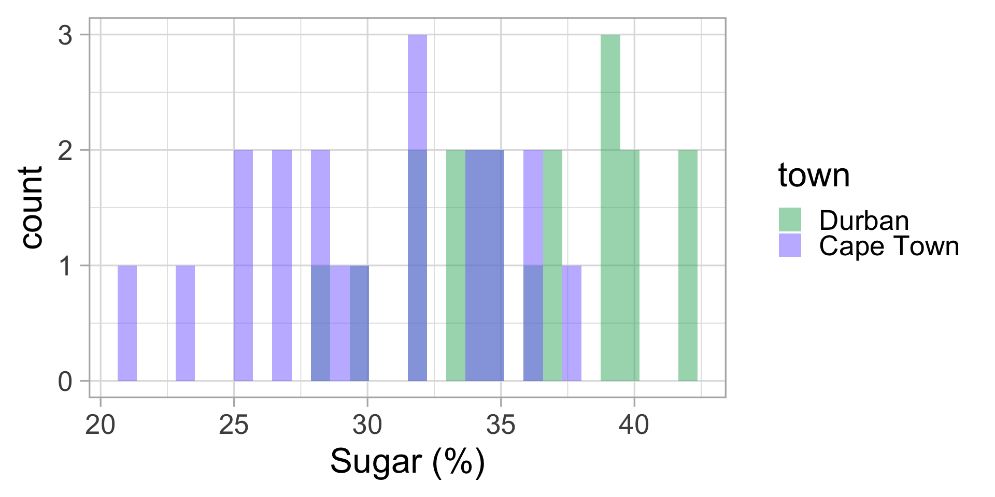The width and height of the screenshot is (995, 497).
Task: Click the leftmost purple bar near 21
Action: (127, 323)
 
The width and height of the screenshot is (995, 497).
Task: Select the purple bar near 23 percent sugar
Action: (185, 323)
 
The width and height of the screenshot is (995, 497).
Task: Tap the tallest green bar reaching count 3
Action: (610, 207)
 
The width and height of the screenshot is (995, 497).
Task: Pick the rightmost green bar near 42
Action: (688, 265)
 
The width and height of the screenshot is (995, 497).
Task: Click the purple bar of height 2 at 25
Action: (243, 265)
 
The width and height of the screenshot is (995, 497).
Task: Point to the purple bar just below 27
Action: (282, 265)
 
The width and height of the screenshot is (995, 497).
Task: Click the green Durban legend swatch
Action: (790, 220)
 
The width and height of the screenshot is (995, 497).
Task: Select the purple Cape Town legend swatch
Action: (790, 245)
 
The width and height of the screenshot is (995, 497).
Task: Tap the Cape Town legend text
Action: (889, 246)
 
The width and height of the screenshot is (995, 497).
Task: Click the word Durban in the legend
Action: (864, 221)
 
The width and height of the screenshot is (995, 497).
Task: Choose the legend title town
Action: (814, 176)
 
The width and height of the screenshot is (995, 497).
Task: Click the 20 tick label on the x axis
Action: (101, 426)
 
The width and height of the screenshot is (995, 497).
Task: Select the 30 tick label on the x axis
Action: (367, 426)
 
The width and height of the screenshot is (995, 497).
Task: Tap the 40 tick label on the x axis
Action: (634, 426)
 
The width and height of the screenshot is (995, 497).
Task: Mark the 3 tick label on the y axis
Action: (65, 36)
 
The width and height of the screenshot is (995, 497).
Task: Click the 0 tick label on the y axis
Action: (65, 382)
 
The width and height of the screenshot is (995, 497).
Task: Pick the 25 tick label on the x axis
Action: (234, 426)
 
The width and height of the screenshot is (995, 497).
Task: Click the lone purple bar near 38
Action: (572, 323)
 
